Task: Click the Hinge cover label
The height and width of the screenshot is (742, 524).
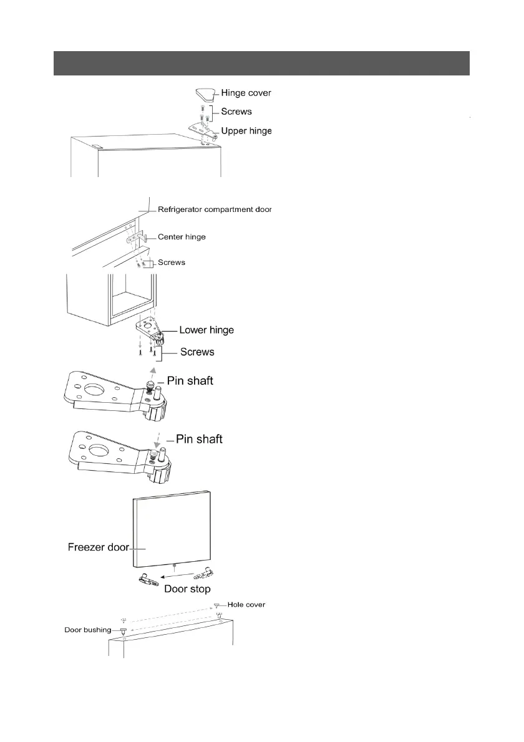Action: click(246, 94)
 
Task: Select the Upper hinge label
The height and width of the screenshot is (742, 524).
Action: click(246, 132)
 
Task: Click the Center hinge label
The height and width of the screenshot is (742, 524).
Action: click(182, 237)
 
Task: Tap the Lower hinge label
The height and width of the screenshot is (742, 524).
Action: click(206, 330)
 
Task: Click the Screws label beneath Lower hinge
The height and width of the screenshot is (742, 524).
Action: click(197, 352)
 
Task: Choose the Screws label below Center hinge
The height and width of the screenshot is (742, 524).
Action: click(172, 263)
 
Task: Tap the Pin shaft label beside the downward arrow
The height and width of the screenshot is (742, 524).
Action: click(199, 440)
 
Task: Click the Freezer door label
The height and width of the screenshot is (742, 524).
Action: click(98, 548)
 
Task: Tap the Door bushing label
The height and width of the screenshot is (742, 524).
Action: click(88, 630)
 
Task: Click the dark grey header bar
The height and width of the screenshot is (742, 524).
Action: click(261, 63)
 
